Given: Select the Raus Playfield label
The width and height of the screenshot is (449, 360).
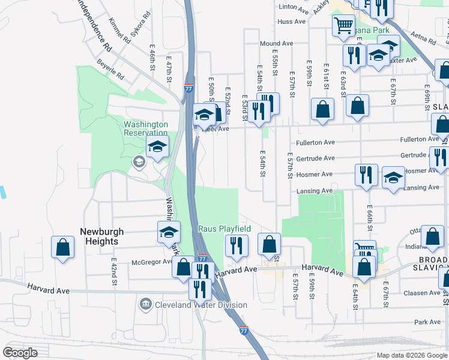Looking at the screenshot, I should click(x=224, y=229).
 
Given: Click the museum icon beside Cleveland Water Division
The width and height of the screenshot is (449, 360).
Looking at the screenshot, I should click(x=145, y=305).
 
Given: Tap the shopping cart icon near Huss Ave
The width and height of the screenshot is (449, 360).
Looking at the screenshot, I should click(x=343, y=26).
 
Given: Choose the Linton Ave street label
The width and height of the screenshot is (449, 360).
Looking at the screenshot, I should click(x=293, y=7).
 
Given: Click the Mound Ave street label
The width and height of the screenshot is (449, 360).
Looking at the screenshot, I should click(x=276, y=44).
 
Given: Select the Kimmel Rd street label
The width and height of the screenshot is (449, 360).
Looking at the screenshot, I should click(x=119, y=29).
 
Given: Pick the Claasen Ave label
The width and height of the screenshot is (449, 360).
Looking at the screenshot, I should click(x=423, y=293).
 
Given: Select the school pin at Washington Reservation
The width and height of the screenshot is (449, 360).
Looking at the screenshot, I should click(x=157, y=146).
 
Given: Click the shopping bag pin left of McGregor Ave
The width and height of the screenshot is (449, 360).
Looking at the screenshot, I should click(x=62, y=247).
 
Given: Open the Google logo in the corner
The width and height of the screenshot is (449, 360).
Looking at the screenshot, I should click(x=20, y=353).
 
